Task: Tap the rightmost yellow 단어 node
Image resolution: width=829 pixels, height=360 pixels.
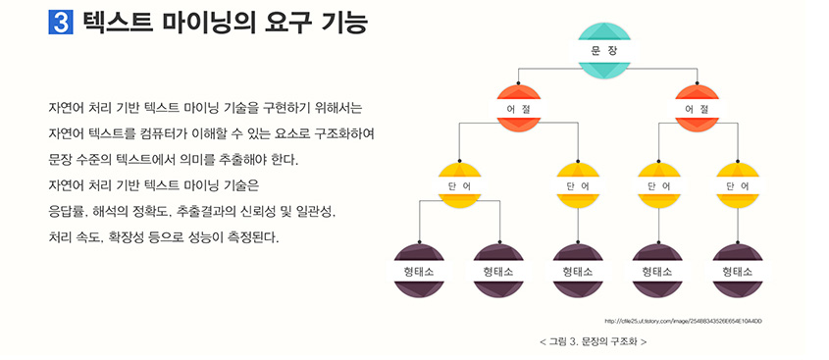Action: [738, 184]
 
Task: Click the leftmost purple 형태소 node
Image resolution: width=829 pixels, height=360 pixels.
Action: [421, 270]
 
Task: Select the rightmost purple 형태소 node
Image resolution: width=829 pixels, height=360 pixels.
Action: [738, 270]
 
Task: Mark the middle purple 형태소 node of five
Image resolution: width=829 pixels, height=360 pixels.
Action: [578, 270]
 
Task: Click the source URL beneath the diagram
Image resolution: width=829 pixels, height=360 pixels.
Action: [684, 321]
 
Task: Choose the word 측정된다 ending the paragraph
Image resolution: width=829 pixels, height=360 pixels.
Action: [250, 237]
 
